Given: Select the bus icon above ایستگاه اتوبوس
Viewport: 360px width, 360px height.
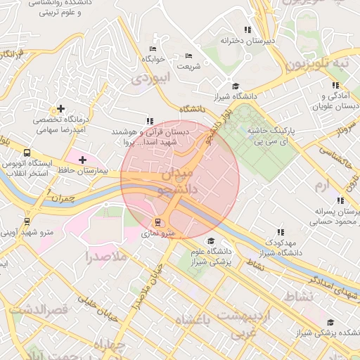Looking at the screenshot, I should click(27, 153).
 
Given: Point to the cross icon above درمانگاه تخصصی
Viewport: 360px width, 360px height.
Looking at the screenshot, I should click(62, 109).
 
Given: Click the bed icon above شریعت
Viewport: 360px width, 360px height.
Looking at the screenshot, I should click(188, 56).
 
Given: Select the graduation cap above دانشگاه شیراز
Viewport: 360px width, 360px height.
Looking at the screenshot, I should click(235, 85).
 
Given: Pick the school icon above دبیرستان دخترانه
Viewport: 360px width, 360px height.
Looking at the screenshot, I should click(247, 30).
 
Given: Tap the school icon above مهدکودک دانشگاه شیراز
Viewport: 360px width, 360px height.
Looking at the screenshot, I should click(281, 232).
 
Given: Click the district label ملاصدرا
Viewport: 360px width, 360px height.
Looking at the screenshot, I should click(105, 257).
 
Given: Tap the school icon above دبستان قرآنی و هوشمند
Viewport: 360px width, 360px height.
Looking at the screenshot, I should click(148, 121).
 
